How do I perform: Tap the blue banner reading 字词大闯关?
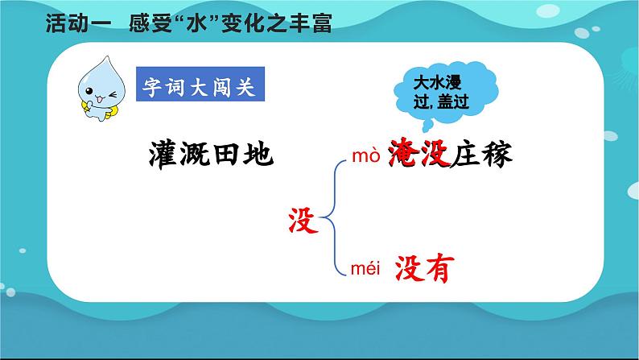tap(200, 84)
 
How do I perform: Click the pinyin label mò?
tap(366, 155)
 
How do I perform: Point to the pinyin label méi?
tap(365, 269)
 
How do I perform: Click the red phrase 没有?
tap(424, 268)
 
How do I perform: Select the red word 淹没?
tap(419, 154)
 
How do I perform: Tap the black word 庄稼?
tap(481, 154)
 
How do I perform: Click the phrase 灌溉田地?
tap(211, 154)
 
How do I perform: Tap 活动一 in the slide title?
tap(78, 23)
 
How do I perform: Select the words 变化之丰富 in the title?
tap(277, 23)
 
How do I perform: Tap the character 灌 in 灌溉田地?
tap(164, 154)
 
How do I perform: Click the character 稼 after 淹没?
tap(497, 154)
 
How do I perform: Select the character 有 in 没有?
tap(439, 268)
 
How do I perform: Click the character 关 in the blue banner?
tap(245, 86)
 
